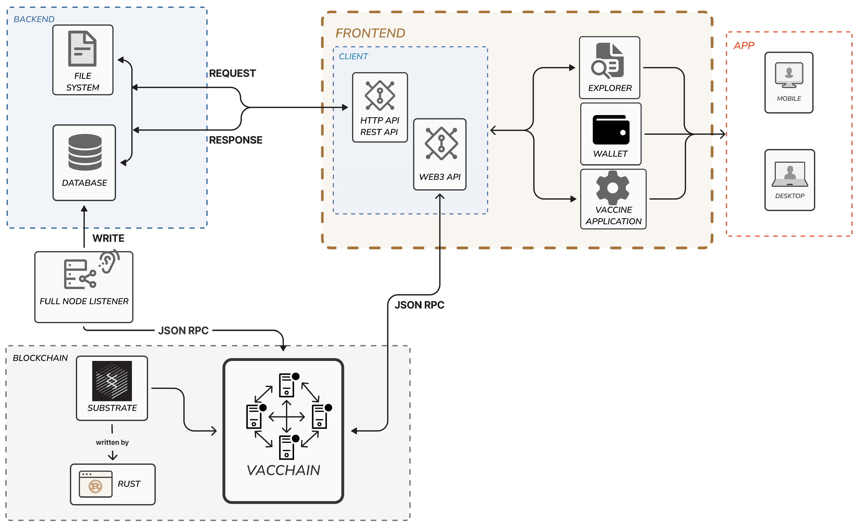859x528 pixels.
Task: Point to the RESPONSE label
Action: coord(236,140)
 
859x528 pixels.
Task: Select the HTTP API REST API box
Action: coord(380,107)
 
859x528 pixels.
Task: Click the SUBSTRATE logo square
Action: coord(112,381)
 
